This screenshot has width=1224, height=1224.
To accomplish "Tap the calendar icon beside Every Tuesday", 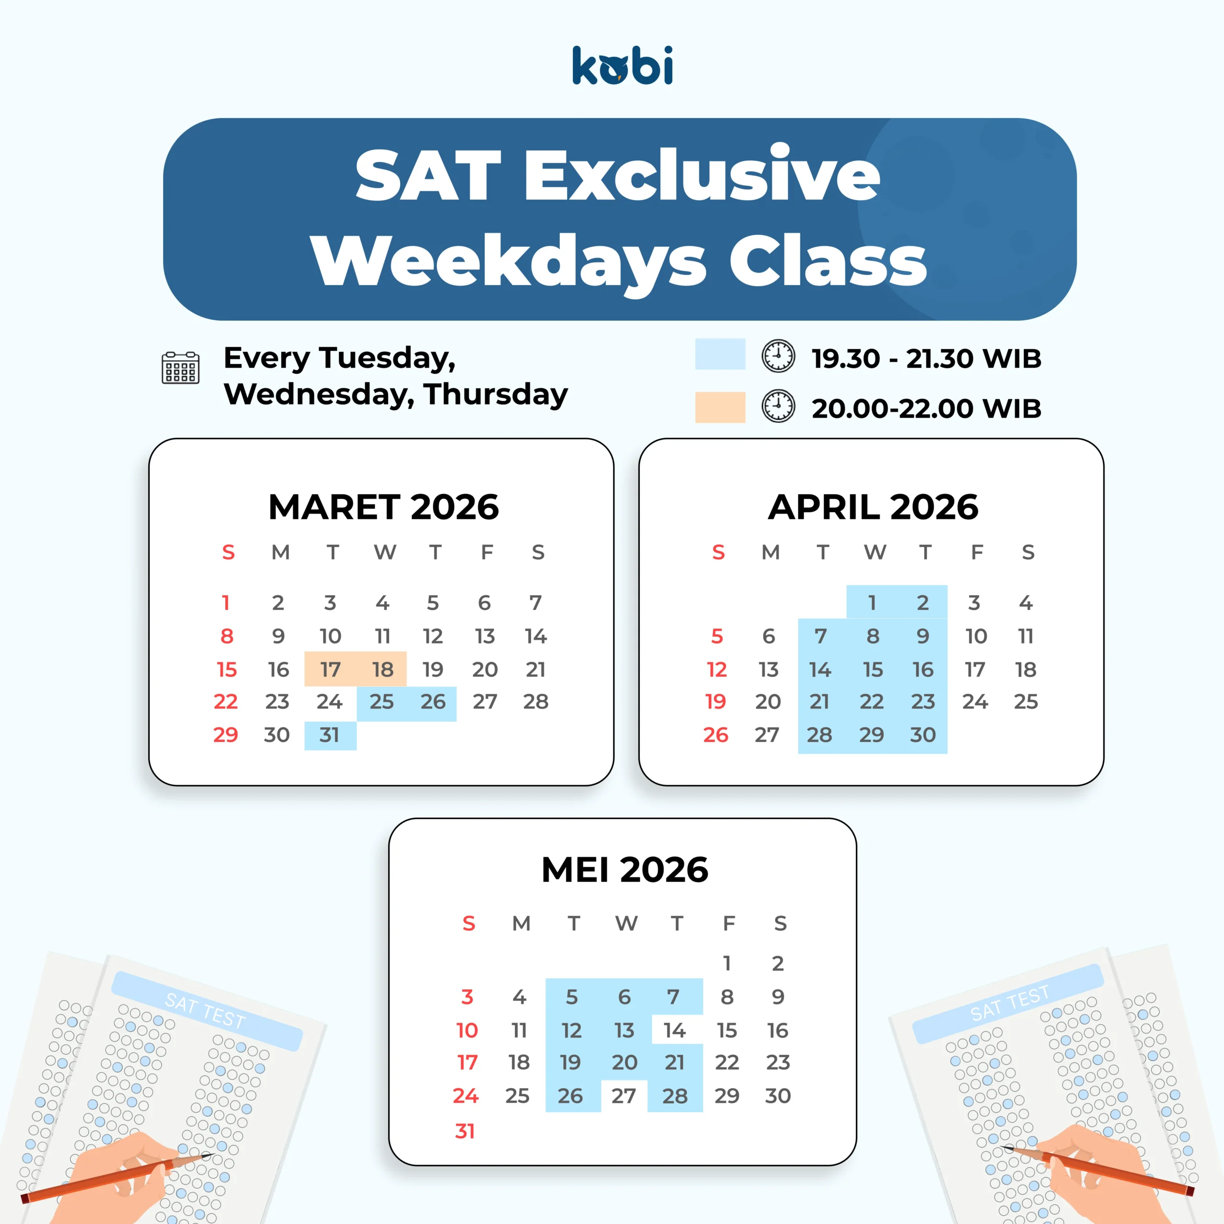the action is (181, 368).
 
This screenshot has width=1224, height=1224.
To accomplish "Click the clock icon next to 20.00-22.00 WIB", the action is (778, 406).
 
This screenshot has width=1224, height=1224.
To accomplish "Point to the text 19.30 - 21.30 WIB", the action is (926, 359).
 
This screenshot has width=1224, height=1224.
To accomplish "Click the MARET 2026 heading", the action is (383, 507).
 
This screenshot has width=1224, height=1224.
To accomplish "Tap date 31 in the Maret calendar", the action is (329, 735).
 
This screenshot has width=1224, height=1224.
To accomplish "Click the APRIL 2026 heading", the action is (873, 507).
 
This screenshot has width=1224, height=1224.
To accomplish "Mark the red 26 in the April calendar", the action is (716, 735).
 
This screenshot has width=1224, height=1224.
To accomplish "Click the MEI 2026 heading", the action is (625, 869).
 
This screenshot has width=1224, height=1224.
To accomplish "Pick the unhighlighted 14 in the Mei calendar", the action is (675, 1031).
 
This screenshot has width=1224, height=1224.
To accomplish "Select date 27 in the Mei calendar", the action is (623, 1096).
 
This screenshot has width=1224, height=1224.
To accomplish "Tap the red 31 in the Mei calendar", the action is (465, 1131).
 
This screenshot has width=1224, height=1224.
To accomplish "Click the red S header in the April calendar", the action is (719, 552).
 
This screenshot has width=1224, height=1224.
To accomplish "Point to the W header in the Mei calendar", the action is (626, 924).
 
